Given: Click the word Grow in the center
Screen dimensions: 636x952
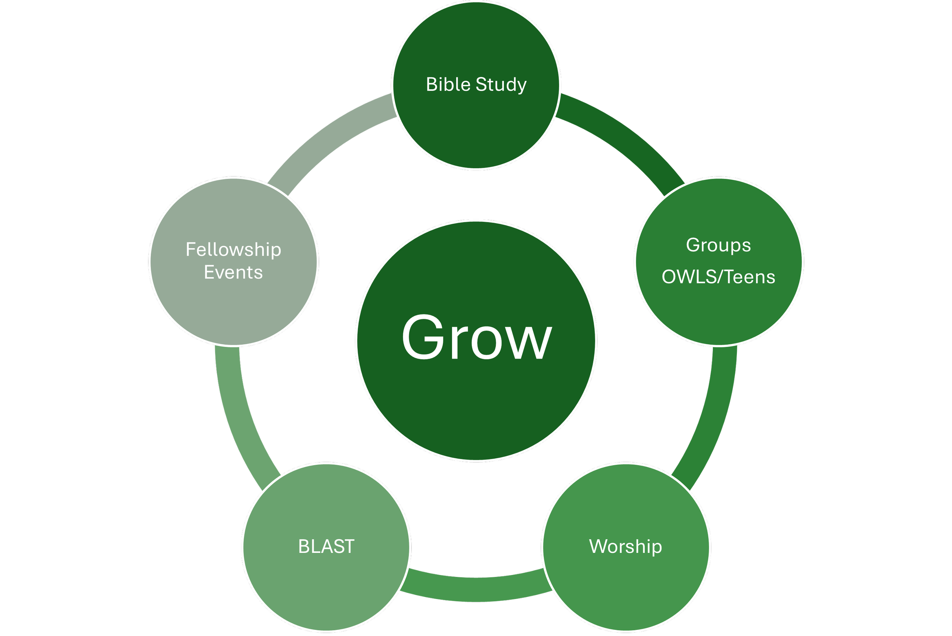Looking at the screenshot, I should coord(476,337).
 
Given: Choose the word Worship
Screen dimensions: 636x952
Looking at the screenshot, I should coord(626,546).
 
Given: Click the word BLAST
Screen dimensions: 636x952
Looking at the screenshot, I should coord(326,546).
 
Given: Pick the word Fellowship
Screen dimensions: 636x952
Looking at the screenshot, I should coord(233,249).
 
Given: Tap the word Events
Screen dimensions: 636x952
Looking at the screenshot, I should coord(233,272).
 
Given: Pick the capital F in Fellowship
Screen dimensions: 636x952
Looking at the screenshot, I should coord(190,249).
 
